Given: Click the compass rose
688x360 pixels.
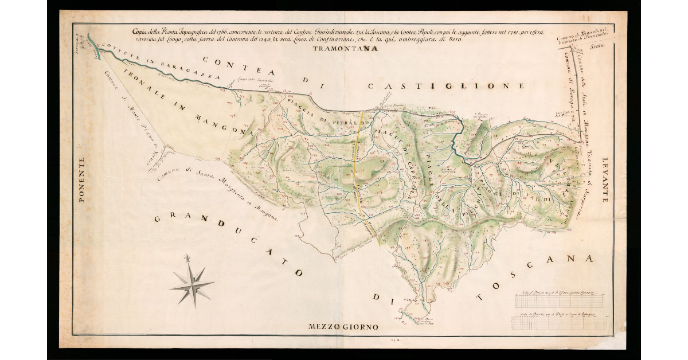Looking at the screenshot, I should point(191,281).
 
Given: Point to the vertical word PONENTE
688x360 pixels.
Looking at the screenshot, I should point(81,181).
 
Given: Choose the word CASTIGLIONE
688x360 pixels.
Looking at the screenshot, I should point(446,86).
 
